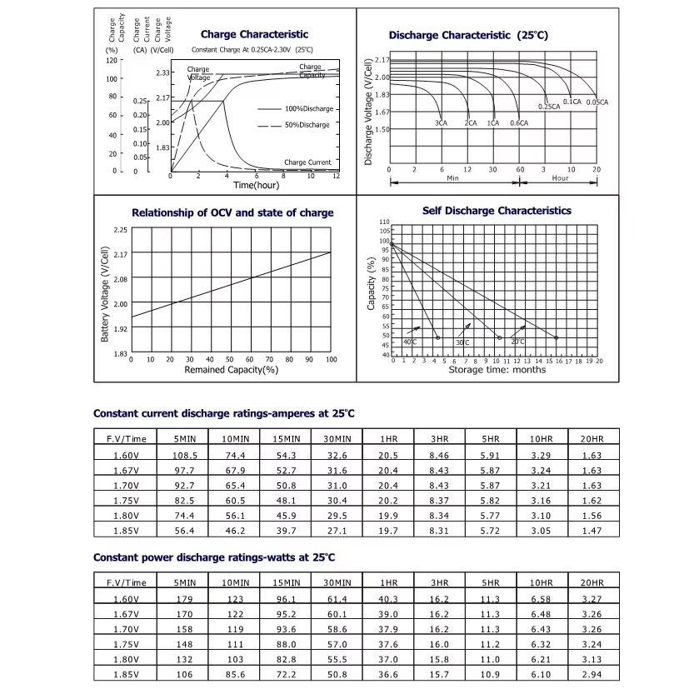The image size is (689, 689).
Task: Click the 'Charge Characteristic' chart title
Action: coord(254,34)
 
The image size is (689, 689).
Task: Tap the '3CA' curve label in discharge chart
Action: coord(440,123)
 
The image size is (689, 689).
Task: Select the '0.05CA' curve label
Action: coord(597,102)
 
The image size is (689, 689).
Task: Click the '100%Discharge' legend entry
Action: coord(308,109)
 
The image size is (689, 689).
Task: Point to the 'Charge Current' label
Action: coord(307,162)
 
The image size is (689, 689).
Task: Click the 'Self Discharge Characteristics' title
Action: coord(497,211)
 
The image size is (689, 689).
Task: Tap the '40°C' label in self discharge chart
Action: coord(411,342)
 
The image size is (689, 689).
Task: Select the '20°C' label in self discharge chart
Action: coord(517,342)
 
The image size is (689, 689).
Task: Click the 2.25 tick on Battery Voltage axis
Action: coord(120,229)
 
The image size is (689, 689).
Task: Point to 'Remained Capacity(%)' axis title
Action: coord(231,369)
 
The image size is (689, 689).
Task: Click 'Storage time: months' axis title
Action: coord(497,369)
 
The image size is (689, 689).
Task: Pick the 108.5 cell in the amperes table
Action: coord(185,456)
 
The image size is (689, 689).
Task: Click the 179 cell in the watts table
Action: coord(185,598)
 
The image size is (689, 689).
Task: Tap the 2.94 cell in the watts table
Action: coord(592,673)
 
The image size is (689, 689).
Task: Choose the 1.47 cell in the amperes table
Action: coord(592,530)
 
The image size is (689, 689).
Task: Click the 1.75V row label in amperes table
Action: coord(131,501)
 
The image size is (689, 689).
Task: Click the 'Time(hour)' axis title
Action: coord(255,184)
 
